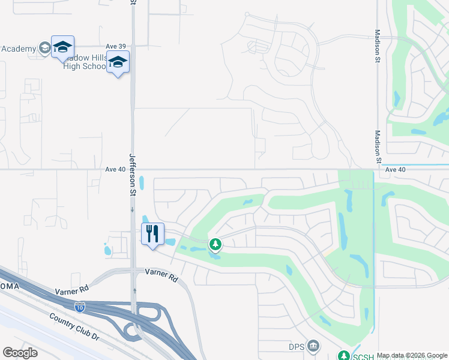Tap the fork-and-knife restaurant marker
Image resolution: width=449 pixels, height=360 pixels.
pos(152,233)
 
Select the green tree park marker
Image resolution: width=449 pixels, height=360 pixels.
pos(215,244)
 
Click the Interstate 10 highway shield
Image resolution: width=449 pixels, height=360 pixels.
pos(80,307)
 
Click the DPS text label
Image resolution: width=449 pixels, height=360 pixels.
pos(297,346)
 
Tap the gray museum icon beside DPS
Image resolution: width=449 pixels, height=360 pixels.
pos(313,346)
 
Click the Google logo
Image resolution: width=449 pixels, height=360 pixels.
pos(20,352)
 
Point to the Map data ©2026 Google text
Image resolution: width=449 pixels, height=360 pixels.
pos(412,355)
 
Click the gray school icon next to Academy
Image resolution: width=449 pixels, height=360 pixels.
pos(44,48)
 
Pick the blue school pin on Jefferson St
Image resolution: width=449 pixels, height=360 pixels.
pos(118,62)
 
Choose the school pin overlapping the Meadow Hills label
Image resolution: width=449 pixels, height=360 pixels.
pos(62,47)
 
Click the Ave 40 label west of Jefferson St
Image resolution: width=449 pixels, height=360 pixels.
pos(115,169)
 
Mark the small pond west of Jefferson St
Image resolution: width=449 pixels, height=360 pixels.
pos(107,250)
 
